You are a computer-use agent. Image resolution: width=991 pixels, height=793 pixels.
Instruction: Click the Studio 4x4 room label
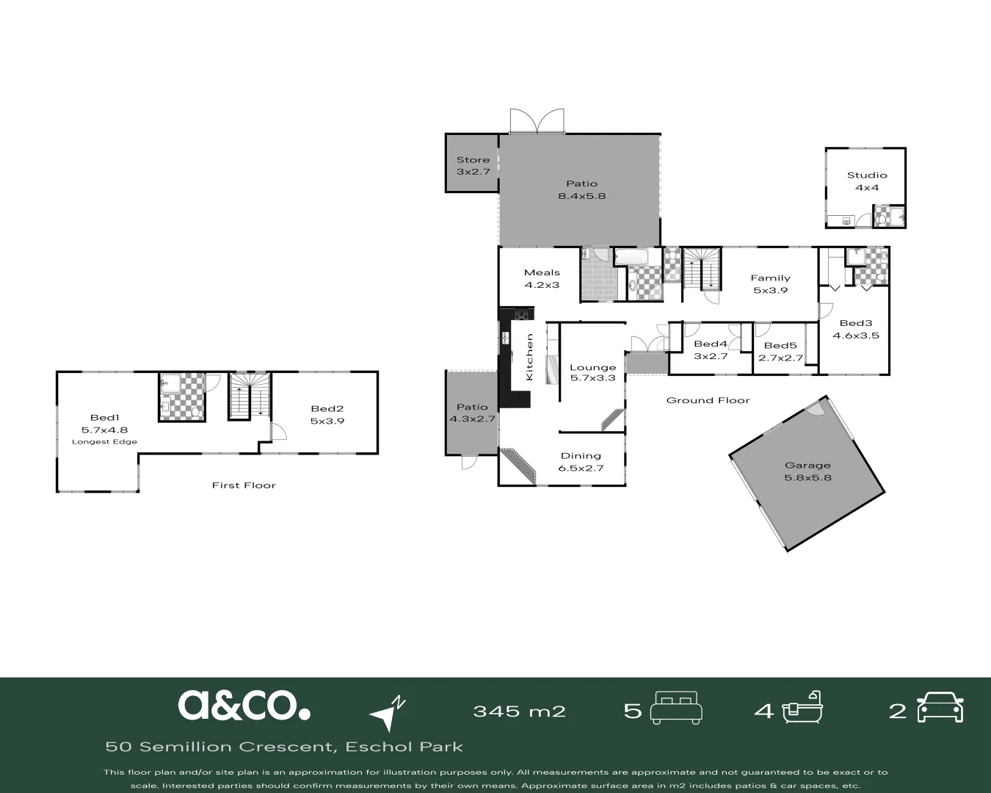tap(867, 181)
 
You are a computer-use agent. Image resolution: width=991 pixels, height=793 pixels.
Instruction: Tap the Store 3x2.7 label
tap(473, 165)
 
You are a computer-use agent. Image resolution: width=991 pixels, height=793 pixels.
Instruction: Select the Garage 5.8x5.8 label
tap(807, 471)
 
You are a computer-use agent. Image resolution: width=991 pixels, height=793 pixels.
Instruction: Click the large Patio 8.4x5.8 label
tap(581, 189)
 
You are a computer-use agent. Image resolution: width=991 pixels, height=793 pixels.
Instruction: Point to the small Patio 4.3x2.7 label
tap(472, 413)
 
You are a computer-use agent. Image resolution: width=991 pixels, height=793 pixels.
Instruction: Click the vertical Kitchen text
tap(529, 357)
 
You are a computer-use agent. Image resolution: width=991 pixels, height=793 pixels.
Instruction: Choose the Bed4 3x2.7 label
tap(710, 350)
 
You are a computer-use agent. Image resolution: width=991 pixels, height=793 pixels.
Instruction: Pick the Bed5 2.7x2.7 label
tap(780, 352)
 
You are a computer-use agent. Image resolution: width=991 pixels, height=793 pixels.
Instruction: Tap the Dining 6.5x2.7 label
tap(581, 461)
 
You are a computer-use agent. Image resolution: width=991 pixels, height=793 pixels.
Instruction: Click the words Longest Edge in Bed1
tap(104, 442)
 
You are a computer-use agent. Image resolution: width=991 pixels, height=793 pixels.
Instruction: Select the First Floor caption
tap(244, 485)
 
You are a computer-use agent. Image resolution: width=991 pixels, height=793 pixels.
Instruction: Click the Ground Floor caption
tap(708, 400)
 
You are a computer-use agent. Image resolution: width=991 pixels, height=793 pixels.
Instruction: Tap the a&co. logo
tap(244, 705)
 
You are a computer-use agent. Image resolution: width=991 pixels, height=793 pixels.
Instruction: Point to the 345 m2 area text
tap(519, 711)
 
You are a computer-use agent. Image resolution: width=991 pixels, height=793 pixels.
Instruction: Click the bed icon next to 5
tap(677, 707)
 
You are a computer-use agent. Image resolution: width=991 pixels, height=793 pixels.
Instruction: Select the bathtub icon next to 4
tap(802, 708)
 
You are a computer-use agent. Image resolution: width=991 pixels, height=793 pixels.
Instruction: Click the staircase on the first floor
tap(250, 396)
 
